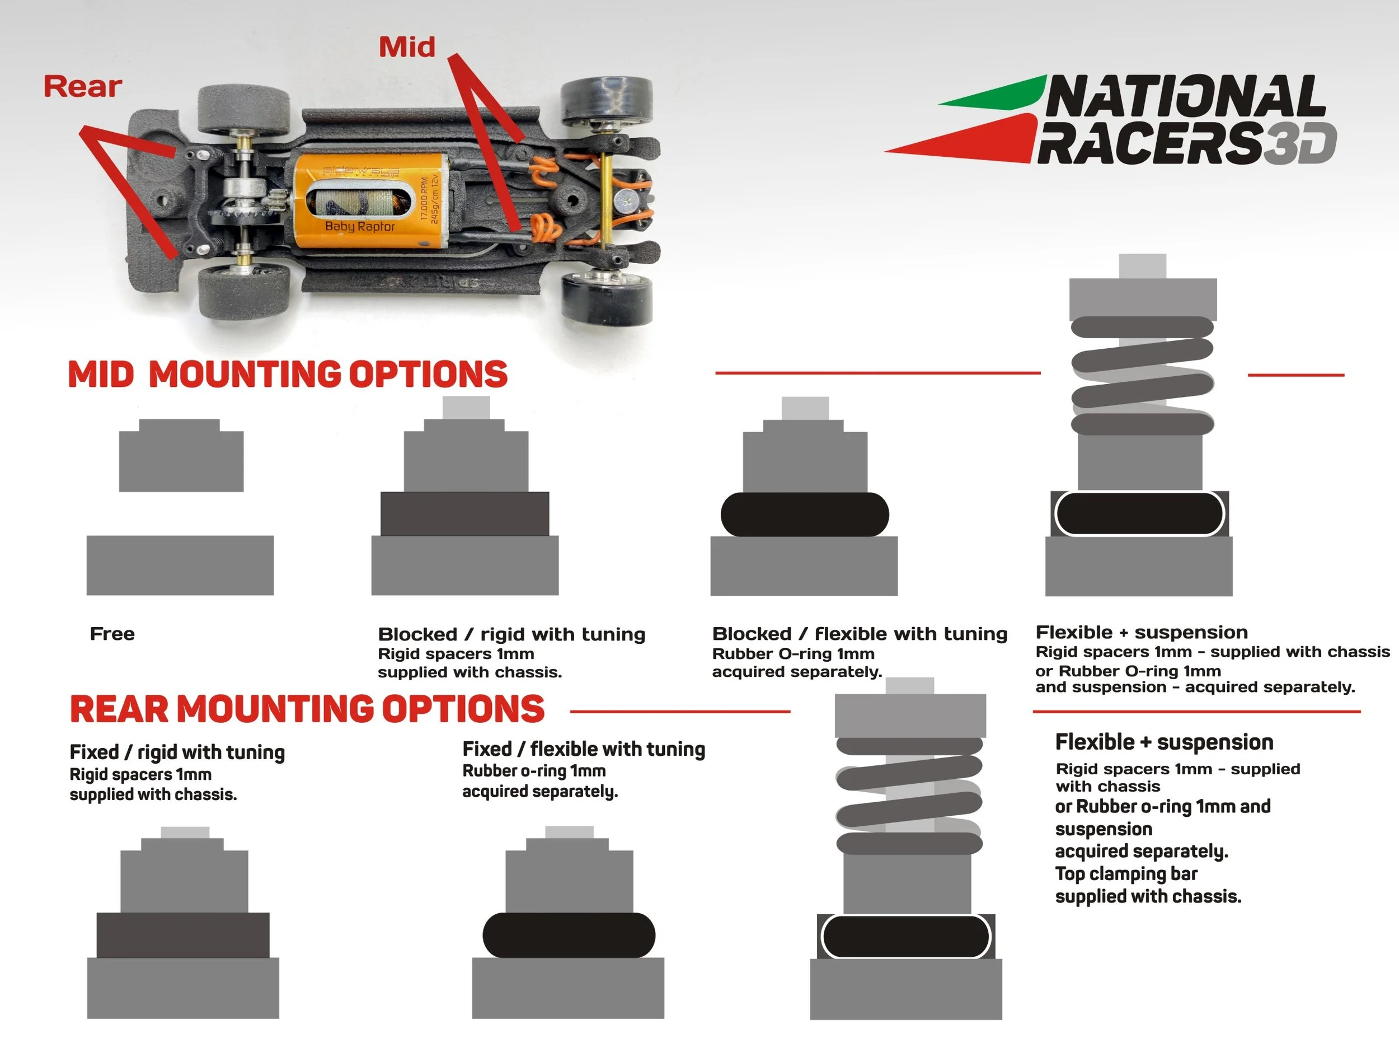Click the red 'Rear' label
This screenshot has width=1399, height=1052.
coord(82,87)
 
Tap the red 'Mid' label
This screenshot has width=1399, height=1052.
coord(407,47)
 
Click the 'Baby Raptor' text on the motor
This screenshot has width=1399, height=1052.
coord(360,226)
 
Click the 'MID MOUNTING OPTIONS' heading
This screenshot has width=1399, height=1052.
coord(288,374)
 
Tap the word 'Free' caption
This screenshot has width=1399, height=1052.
coord(112,634)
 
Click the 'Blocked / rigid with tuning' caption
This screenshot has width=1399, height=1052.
coord(511,634)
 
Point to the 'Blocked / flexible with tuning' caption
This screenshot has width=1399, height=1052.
coord(860,633)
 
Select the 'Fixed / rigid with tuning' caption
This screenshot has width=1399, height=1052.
coord(177,752)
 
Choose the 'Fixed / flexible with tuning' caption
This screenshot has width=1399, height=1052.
coord(584,749)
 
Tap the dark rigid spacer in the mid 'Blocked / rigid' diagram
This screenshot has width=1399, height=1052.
coord(465,513)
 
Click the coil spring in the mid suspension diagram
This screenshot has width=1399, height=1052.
coord(1142,376)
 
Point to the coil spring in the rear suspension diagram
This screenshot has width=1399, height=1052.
coord(909,795)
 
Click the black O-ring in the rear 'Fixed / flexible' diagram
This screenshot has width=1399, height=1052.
coord(569,935)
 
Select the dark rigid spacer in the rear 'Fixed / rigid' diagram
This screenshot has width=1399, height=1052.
coord(183,935)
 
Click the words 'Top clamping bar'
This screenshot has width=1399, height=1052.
coord(1126,875)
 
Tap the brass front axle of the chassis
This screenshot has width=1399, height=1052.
coord(605,199)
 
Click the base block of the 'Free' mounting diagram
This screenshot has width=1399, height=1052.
coord(180,565)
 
